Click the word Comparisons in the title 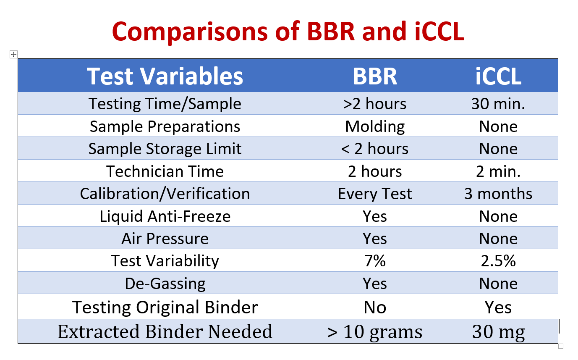click(x=190, y=32)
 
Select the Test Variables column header click(x=165, y=76)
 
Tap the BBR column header click(x=375, y=76)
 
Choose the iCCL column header click(x=498, y=76)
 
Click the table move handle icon click(x=14, y=55)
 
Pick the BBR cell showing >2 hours click(x=375, y=104)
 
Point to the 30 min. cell click(x=498, y=104)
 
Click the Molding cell click(x=375, y=127)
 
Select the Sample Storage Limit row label click(x=165, y=149)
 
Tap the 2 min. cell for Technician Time click(x=498, y=171)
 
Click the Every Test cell click(x=375, y=194)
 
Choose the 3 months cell click(x=498, y=194)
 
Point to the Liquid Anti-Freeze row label click(x=165, y=216)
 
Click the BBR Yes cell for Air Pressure click(x=375, y=239)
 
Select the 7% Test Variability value click(x=375, y=261)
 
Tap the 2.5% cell click(x=498, y=261)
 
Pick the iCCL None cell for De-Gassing click(x=498, y=284)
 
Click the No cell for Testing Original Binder click(x=375, y=307)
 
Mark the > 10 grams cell click(x=375, y=332)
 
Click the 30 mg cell click(x=498, y=332)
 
